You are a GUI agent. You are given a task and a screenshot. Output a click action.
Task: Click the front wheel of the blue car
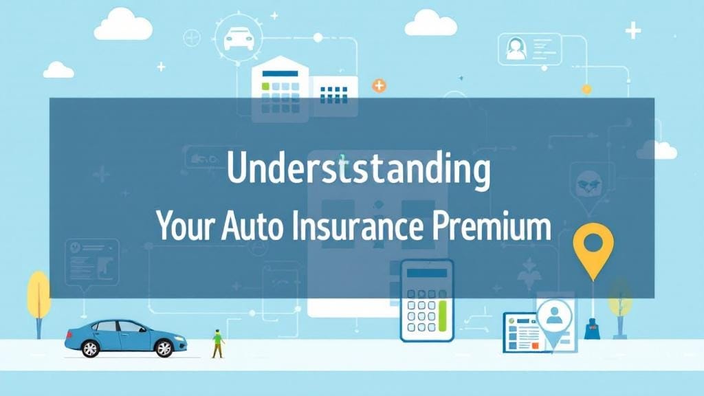164,349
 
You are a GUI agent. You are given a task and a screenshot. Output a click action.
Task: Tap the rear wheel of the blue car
90,349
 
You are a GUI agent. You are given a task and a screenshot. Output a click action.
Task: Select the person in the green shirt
218,342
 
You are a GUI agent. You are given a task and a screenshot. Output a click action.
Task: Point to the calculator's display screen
426,274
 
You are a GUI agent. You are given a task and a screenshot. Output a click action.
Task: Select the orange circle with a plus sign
379,86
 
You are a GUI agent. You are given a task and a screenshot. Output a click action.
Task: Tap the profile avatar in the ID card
516,49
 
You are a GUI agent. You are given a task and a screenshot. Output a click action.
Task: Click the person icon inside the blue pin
554,316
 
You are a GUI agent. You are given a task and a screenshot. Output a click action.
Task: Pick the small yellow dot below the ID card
586,89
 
